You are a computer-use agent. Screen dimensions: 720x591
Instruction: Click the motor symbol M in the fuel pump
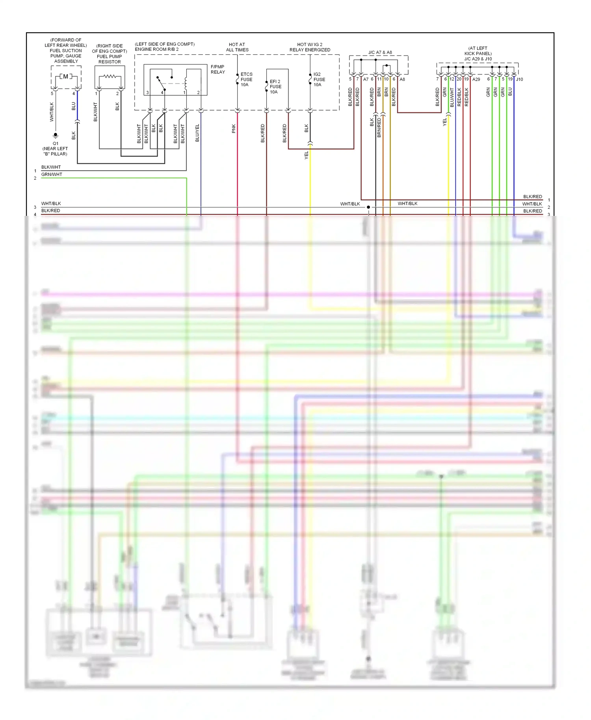[65, 76]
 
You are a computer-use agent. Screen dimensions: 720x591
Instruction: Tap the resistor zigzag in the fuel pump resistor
[110, 76]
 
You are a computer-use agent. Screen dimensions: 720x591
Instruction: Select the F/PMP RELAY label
[217, 69]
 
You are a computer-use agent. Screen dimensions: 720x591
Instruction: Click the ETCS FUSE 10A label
[246, 79]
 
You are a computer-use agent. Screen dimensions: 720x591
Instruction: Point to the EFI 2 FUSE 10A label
[275, 87]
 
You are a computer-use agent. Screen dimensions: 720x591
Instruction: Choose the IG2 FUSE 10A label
[319, 79]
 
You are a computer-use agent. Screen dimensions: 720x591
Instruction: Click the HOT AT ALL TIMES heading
[237, 47]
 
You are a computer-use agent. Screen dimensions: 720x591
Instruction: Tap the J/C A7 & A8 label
[380, 52]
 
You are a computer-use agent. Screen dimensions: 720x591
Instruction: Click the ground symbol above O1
[56, 135]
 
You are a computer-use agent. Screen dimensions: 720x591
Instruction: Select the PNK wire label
[234, 128]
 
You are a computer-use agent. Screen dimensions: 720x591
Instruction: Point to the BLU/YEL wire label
[197, 133]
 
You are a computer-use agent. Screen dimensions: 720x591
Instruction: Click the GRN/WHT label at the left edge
[52, 174]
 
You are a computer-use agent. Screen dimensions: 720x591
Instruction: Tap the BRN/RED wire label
[379, 128]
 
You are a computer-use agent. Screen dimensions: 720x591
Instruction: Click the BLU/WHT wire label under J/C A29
[452, 97]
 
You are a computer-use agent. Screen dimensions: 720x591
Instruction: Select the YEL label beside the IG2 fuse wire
[306, 155]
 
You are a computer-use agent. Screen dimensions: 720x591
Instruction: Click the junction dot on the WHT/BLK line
[368, 207]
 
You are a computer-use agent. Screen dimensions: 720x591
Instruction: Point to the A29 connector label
[476, 79]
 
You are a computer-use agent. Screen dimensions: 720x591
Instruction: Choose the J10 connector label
[520, 79]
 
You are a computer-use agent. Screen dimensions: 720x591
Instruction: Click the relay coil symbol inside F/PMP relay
[186, 83]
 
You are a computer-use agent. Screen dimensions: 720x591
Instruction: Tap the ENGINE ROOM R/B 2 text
[157, 49]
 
